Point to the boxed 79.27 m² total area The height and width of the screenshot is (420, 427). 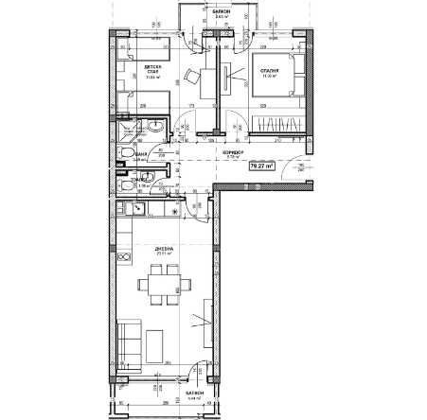pos(260,165)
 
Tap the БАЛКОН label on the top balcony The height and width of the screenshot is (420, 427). pos(220,13)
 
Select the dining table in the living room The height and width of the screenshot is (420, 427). pos(162,285)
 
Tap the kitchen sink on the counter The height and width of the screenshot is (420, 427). pos(123,216)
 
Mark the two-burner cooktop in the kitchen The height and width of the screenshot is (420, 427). pos(123,256)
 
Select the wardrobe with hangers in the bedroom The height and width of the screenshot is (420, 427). pos(277,125)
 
